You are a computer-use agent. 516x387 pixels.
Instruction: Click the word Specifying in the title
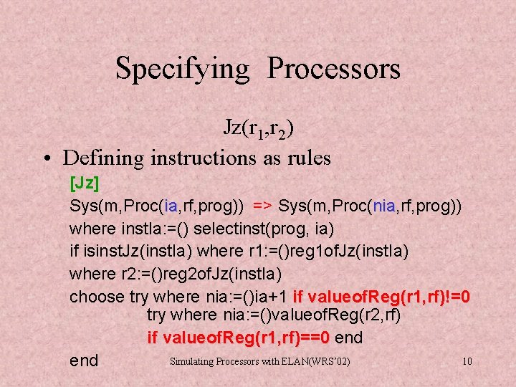point(182,69)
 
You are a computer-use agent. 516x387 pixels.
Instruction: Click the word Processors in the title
point(334,69)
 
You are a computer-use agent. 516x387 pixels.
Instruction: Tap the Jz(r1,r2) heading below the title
point(257,128)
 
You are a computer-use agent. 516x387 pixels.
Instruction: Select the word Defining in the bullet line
point(105,157)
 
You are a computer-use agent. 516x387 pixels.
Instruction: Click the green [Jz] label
point(84,183)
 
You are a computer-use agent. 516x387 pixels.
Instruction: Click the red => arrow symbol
point(262,206)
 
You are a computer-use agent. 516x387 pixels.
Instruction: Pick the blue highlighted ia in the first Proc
point(171,206)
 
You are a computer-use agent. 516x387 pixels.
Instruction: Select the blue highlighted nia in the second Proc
point(383,206)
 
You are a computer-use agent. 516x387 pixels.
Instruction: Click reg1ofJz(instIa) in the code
point(358,251)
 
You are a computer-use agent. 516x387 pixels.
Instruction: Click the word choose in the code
point(97,296)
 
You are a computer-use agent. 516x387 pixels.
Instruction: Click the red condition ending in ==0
point(238,338)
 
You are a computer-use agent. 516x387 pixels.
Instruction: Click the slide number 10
point(467,361)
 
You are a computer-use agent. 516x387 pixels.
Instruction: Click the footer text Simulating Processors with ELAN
point(259,361)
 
